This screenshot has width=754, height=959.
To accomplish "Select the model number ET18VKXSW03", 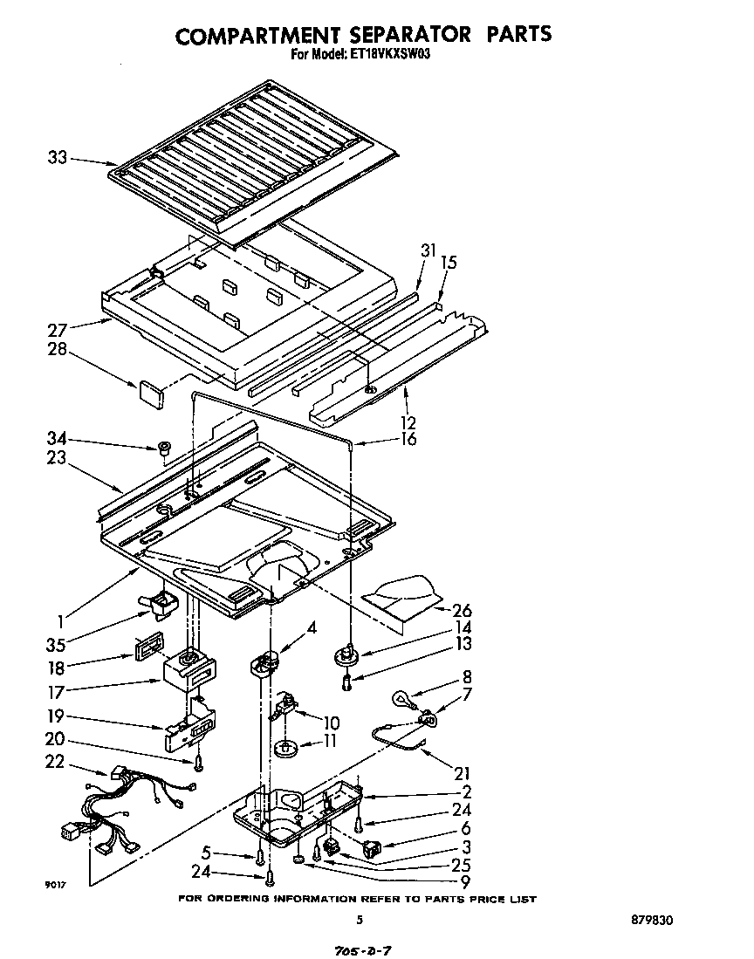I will coord(394,53).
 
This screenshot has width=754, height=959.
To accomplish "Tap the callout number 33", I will coord(58,158).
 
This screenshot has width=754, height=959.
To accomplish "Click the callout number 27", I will coord(58,330).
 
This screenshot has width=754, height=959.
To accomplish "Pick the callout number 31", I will coord(428,250).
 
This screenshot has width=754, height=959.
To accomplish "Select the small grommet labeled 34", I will coord(163,449).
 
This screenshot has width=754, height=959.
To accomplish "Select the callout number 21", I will coord(463,773).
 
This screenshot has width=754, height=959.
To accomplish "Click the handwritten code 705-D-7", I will coord(359,949).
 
